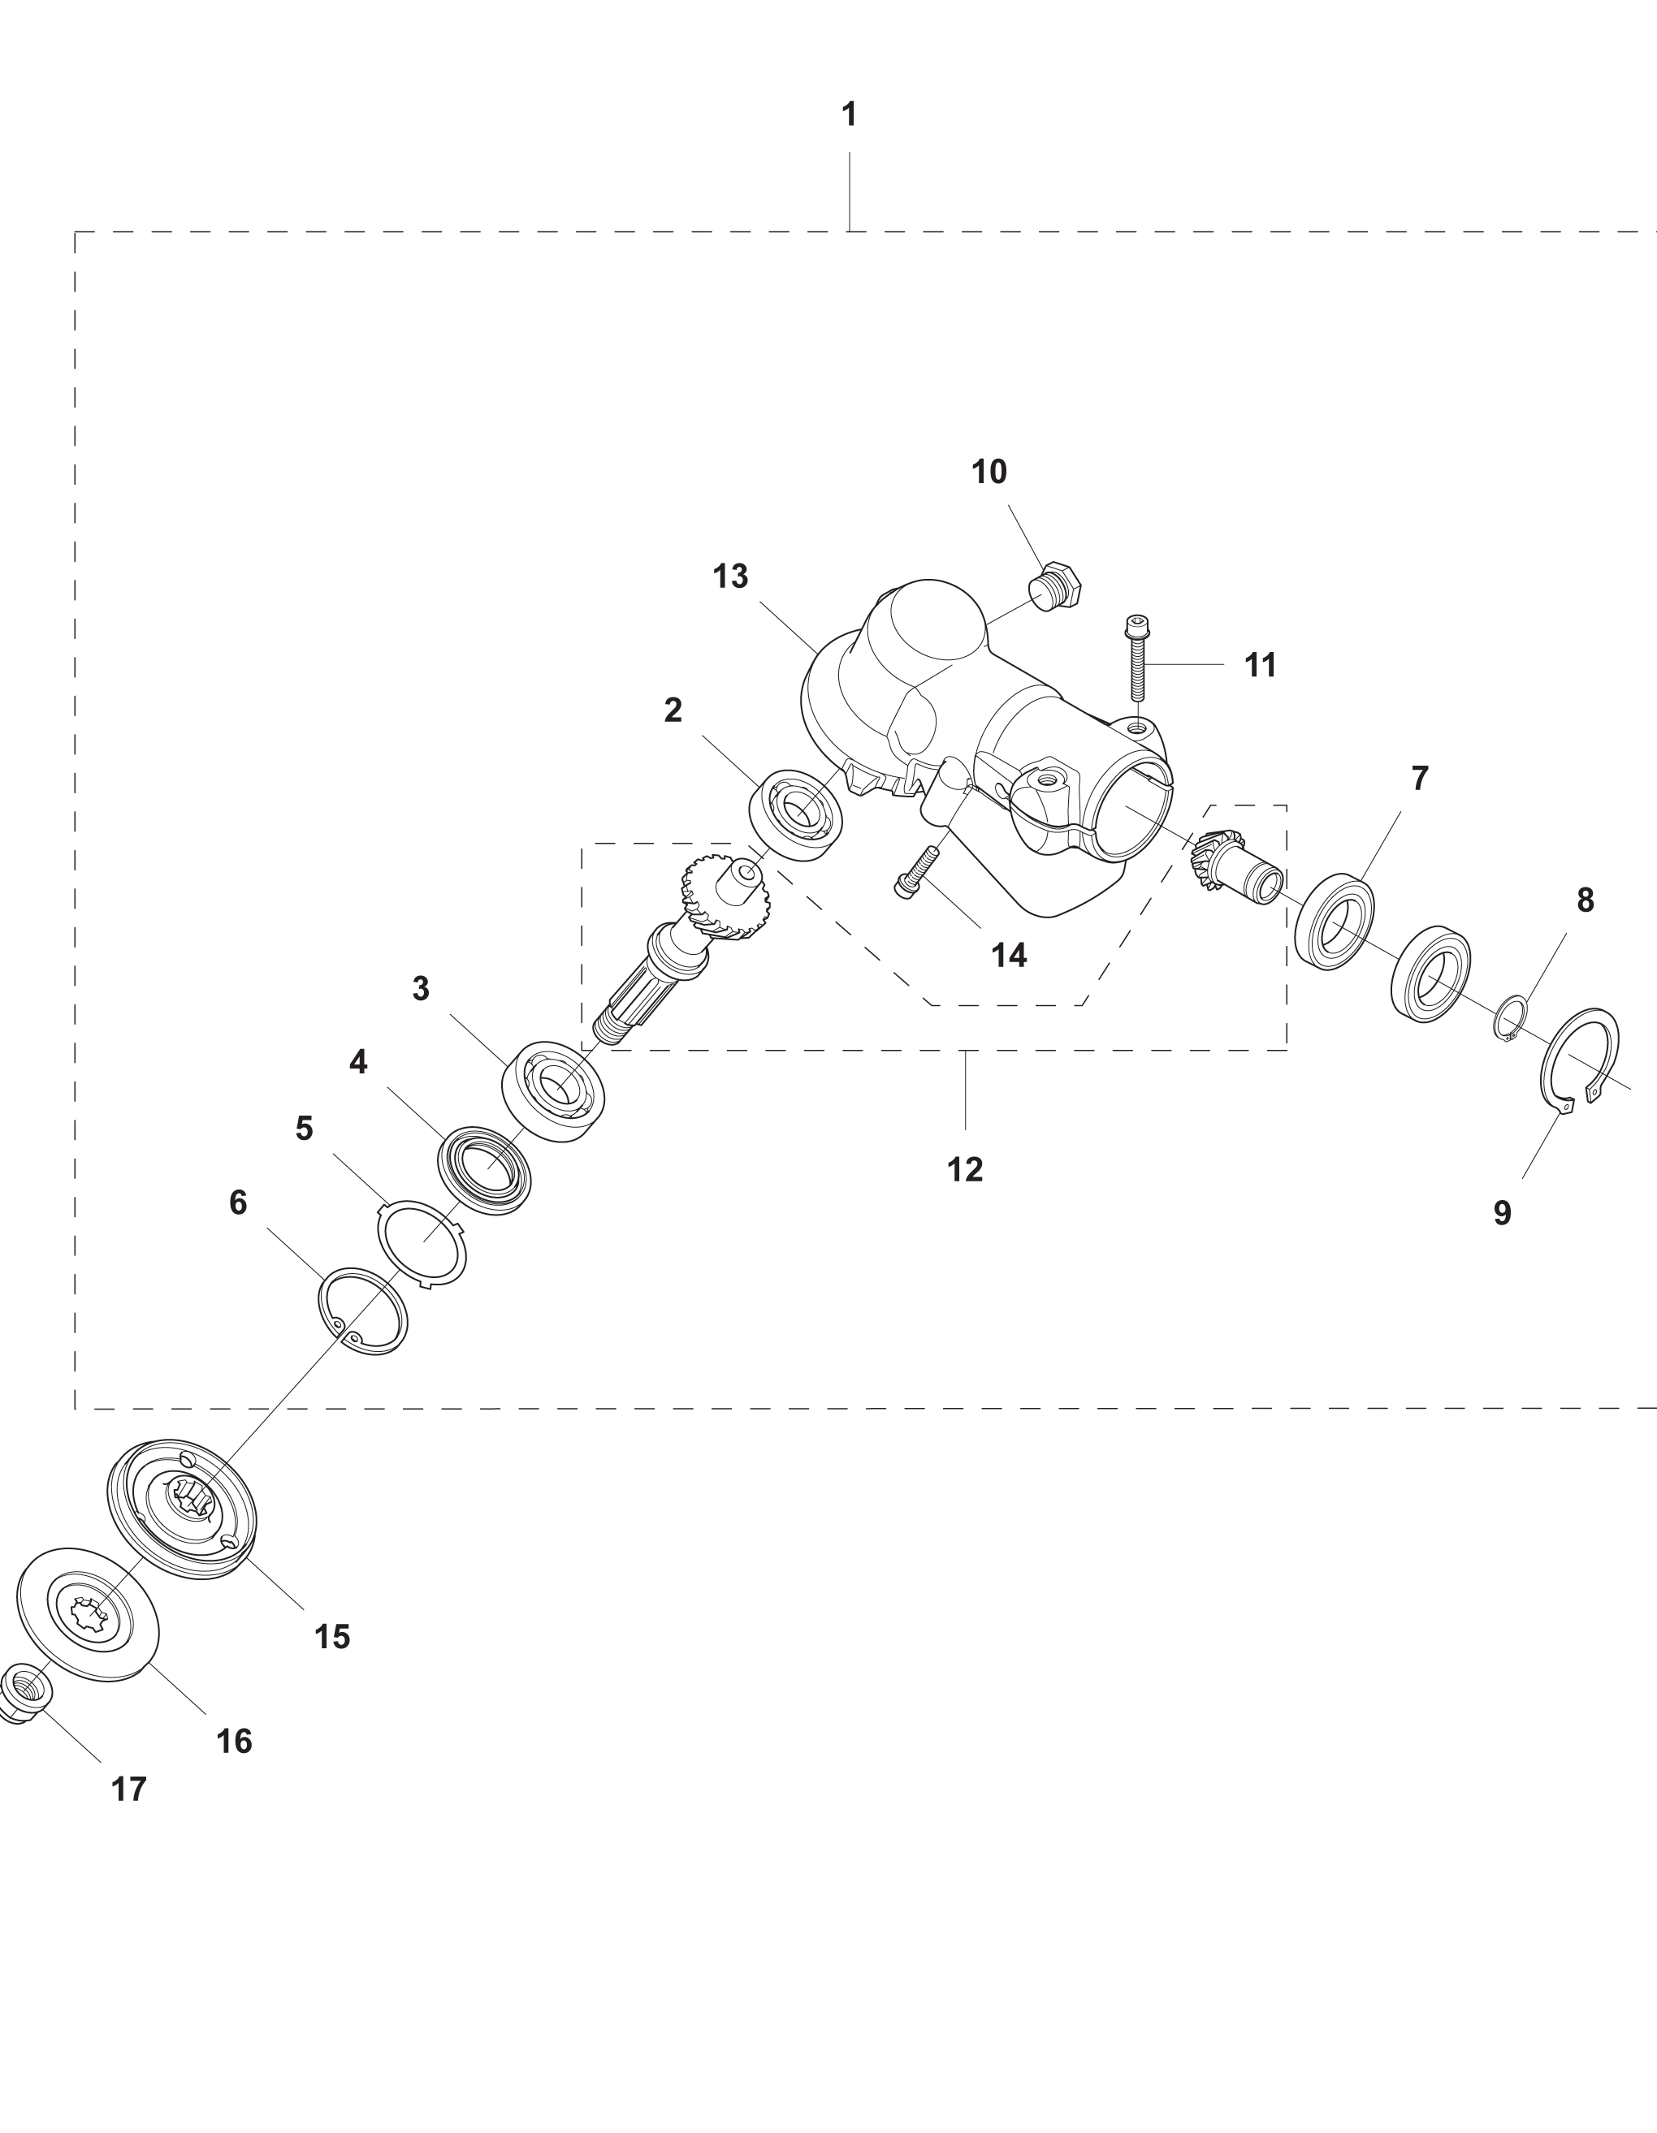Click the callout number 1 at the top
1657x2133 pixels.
pos(849,115)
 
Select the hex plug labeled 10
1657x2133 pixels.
pos(1055,585)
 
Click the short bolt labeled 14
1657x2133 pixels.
pos(915,872)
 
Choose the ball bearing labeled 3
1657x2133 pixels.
pos(555,1091)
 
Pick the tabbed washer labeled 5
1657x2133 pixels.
pos(422,1243)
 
